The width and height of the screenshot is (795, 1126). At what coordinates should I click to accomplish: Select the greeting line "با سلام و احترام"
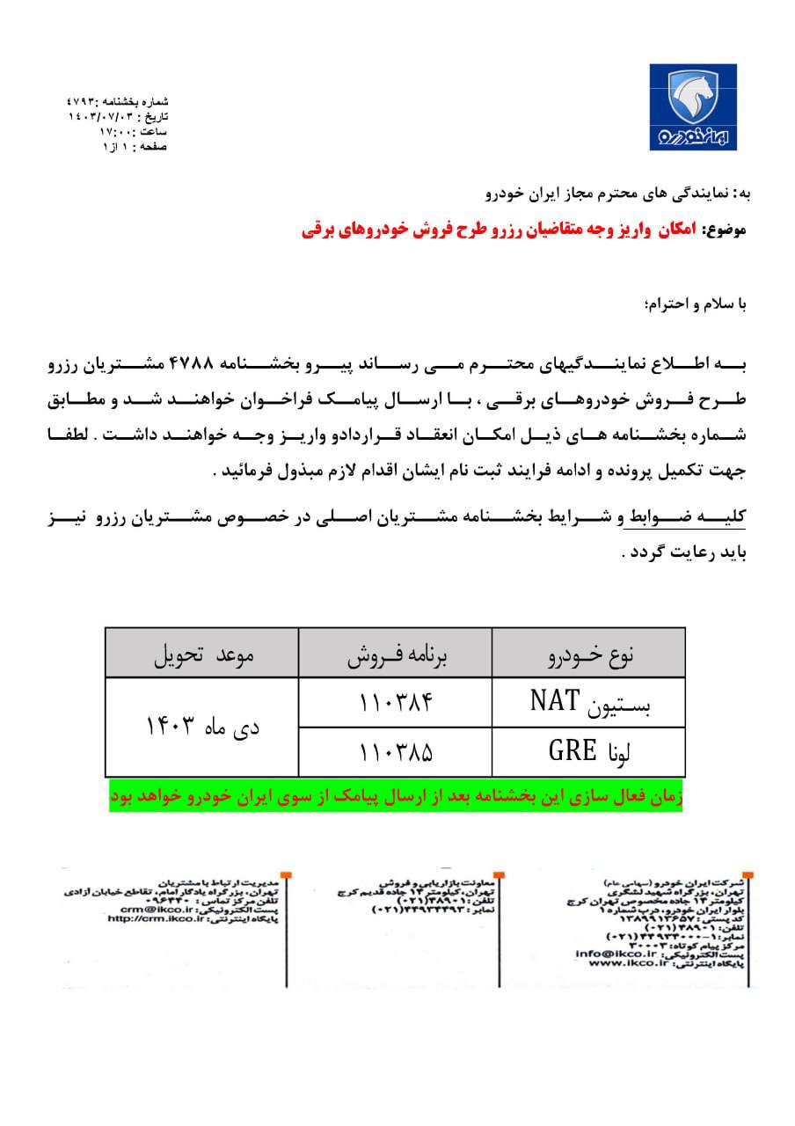coord(696,305)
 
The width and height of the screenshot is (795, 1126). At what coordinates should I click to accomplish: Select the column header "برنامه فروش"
coord(396,654)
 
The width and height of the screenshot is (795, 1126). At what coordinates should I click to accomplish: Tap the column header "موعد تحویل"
coord(203,654)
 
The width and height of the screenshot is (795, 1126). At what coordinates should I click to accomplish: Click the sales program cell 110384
coord(397,703)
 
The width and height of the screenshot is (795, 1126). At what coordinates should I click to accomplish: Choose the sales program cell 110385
coord(397,751)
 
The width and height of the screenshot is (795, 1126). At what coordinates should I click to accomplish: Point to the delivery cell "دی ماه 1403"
coord(203,728)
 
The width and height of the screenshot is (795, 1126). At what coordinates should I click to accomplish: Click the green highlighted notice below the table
coord(396,797)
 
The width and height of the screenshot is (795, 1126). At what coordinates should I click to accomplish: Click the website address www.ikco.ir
coord(621,962)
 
